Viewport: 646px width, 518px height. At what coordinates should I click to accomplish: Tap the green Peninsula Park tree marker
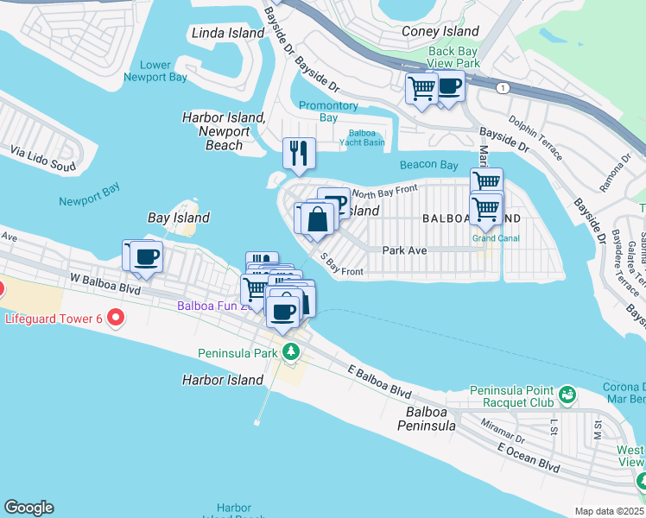tap(291, 352)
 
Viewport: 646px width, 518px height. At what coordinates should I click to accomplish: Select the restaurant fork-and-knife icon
tap(299, 153)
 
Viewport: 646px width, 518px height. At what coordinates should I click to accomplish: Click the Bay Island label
tap(179, 218)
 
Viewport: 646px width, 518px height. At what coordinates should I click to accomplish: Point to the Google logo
tap(28, 508)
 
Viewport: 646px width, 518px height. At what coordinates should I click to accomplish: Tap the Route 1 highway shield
tap(501, 88)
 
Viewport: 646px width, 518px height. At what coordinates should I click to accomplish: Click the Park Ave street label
tap(405, 250)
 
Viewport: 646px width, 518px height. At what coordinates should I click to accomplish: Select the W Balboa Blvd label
tap(105, 281)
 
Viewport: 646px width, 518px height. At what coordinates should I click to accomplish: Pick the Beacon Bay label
tap(428, 165)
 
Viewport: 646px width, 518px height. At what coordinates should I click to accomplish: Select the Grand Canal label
tap(495, 238)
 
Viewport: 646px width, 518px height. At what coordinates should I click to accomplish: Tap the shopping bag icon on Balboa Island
tap(318, 218)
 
